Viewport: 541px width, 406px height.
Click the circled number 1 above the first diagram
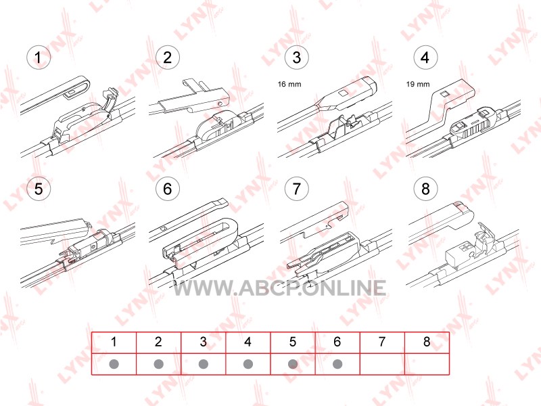click(39, 58)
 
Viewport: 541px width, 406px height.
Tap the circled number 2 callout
click(167, 58)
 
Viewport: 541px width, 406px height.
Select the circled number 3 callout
click(296, 58)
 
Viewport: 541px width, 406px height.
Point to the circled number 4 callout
click(425, 58)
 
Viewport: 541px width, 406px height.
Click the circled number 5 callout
click(39, 189)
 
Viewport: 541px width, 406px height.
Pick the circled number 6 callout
click(167, 189)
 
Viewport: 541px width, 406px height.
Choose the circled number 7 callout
click(296, 189)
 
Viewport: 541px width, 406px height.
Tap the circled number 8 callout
click(425, 189)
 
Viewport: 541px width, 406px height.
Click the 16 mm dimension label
click(289, 84)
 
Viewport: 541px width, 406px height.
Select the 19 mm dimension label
click(418, 84)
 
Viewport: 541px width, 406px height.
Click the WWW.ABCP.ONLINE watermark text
click(279, 288)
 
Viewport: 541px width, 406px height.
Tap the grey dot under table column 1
click(114, 364)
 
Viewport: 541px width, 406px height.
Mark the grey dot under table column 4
click(248, 364)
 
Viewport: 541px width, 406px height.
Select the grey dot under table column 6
click(337, 364)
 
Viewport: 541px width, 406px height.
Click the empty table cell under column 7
click(382, 364)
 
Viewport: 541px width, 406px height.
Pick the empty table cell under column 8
click(427, 364)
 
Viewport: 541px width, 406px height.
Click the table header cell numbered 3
click(204, 342)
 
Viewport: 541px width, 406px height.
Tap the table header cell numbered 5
click(293, 342)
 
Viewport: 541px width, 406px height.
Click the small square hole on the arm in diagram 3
click(343, 93)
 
